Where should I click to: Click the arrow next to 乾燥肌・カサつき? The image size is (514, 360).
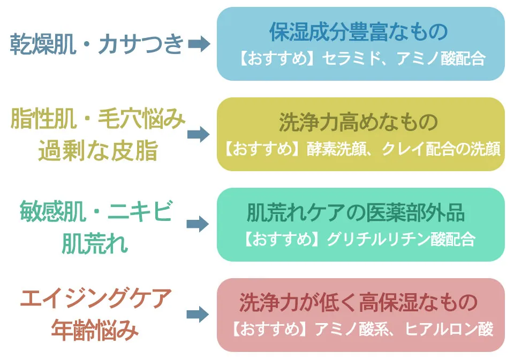coord(199,44)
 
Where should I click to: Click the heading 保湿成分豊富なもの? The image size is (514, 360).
coord(358,33)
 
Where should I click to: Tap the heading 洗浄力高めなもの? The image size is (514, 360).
coord(358,123)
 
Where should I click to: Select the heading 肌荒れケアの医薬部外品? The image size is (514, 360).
coord(356,213)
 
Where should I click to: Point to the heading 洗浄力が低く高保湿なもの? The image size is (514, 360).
coord(358,303)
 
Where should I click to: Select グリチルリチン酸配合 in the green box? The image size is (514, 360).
coord(398,239)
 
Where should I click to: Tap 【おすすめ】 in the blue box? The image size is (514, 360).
coord(275,59)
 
